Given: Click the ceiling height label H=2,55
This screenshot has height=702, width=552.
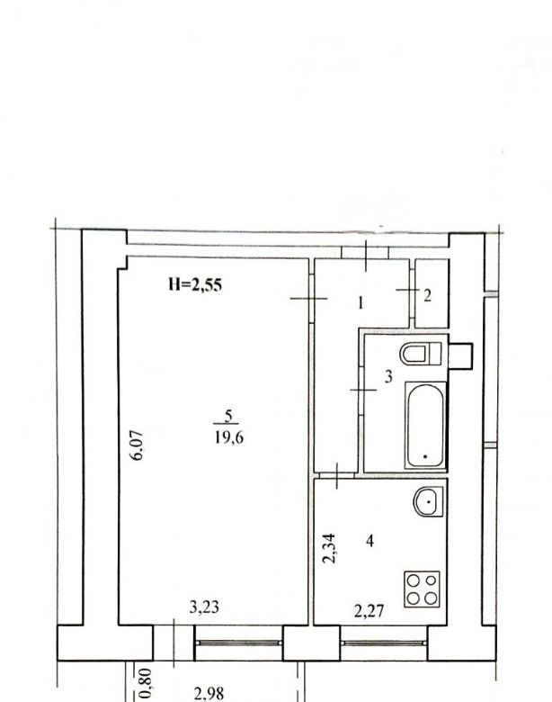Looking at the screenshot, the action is tap(195, 284).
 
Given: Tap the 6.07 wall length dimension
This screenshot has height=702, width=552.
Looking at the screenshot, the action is tap(138, 445).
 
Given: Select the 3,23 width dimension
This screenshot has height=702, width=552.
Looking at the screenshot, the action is tap(204, 607).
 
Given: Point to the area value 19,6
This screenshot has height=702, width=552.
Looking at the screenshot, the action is tap(229, 437).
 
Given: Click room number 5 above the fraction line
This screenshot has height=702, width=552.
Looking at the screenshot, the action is tap(228, 417).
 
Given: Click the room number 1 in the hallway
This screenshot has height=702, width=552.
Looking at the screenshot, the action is tap(361, 303).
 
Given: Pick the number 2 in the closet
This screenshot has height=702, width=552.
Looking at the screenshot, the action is tap(427, 295).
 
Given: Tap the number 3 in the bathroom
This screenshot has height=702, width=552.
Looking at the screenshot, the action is tap(388, 376).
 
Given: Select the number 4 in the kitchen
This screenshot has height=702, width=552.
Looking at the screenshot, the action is tap(369, 541).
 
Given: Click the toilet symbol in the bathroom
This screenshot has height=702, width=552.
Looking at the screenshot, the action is tap(421, 354).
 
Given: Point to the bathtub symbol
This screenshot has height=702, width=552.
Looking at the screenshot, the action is tap(425, 426).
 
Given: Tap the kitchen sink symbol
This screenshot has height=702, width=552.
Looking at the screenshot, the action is tap(429, 501).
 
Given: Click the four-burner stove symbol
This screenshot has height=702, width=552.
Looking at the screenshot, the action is tap(422, 589).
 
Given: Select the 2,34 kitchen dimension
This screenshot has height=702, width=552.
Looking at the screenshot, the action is tap(329, 548).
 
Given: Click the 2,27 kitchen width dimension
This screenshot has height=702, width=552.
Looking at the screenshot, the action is tap(369, 611).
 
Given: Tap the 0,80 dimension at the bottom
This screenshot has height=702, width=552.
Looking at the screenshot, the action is tap(146, 683).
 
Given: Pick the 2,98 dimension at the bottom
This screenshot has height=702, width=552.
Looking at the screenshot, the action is tap(209, 694).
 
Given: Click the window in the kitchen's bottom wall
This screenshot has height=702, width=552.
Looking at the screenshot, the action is tap(384, 643).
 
